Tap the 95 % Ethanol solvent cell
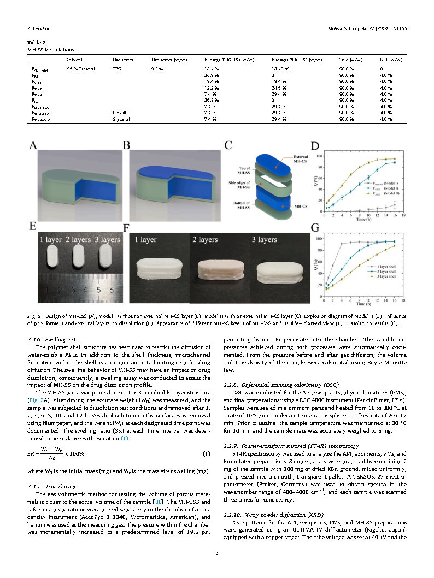point(78,69)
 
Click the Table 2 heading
point(37,42)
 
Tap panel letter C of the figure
point(228,146)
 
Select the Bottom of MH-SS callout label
point(238,204)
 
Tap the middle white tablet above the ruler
point(77,257)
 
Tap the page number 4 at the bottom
point(217,553)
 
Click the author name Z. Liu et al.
point(39,28)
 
